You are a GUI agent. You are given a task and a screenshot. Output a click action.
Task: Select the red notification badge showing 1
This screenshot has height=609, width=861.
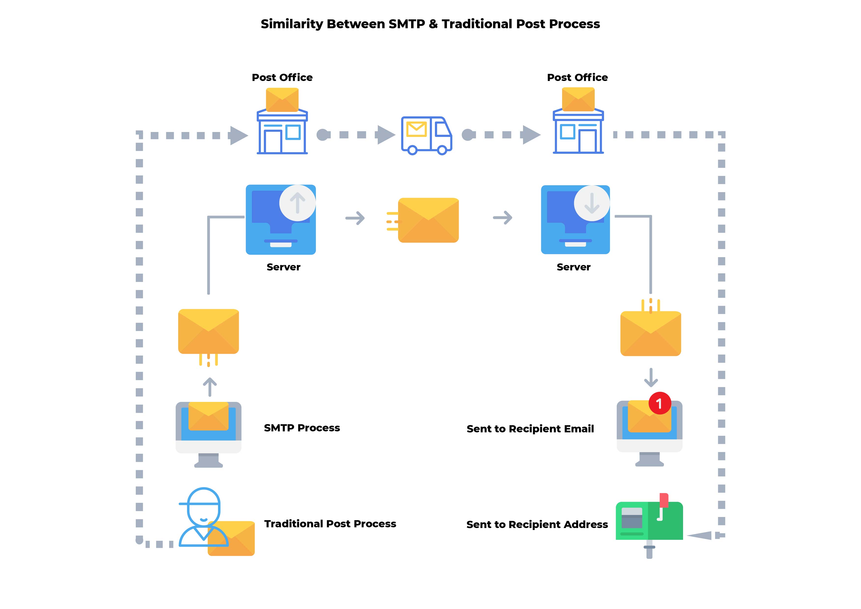click(659, 403)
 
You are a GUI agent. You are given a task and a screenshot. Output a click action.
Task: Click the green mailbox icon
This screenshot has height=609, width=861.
click(649, 522)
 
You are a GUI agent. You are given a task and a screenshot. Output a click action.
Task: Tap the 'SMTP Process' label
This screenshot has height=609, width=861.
click(302, 428)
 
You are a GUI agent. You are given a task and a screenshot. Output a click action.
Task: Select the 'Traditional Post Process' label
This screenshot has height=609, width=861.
click(330, 524)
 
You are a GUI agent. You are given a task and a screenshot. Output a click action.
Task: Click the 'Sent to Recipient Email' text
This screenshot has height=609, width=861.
click(530, 429)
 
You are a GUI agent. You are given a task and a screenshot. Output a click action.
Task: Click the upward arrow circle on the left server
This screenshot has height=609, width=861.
click(297, 203)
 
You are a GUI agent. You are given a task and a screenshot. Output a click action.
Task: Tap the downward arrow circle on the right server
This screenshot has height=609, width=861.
click(592, 203)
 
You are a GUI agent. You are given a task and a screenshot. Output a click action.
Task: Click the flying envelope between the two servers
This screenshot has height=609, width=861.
click(428, 220)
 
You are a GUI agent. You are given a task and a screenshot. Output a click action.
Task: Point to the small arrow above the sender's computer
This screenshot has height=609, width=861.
click(210, 387)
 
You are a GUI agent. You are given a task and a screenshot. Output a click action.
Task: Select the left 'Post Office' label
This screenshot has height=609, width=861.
click(282, 78)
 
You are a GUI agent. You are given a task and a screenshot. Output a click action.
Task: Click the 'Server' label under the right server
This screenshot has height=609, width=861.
click(573, 267)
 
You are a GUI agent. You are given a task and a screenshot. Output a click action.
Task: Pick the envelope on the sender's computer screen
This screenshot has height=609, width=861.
click(208, 416)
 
